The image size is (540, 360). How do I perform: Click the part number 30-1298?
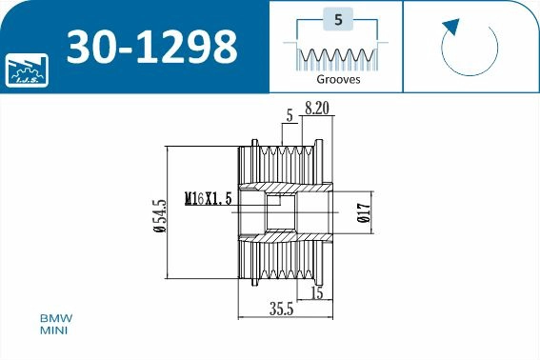coord(151,46)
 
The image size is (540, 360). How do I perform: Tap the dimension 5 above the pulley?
coord(289,116)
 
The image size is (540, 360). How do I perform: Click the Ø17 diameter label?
coord(363,215)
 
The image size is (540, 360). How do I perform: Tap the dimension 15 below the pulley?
coord(316,293)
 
